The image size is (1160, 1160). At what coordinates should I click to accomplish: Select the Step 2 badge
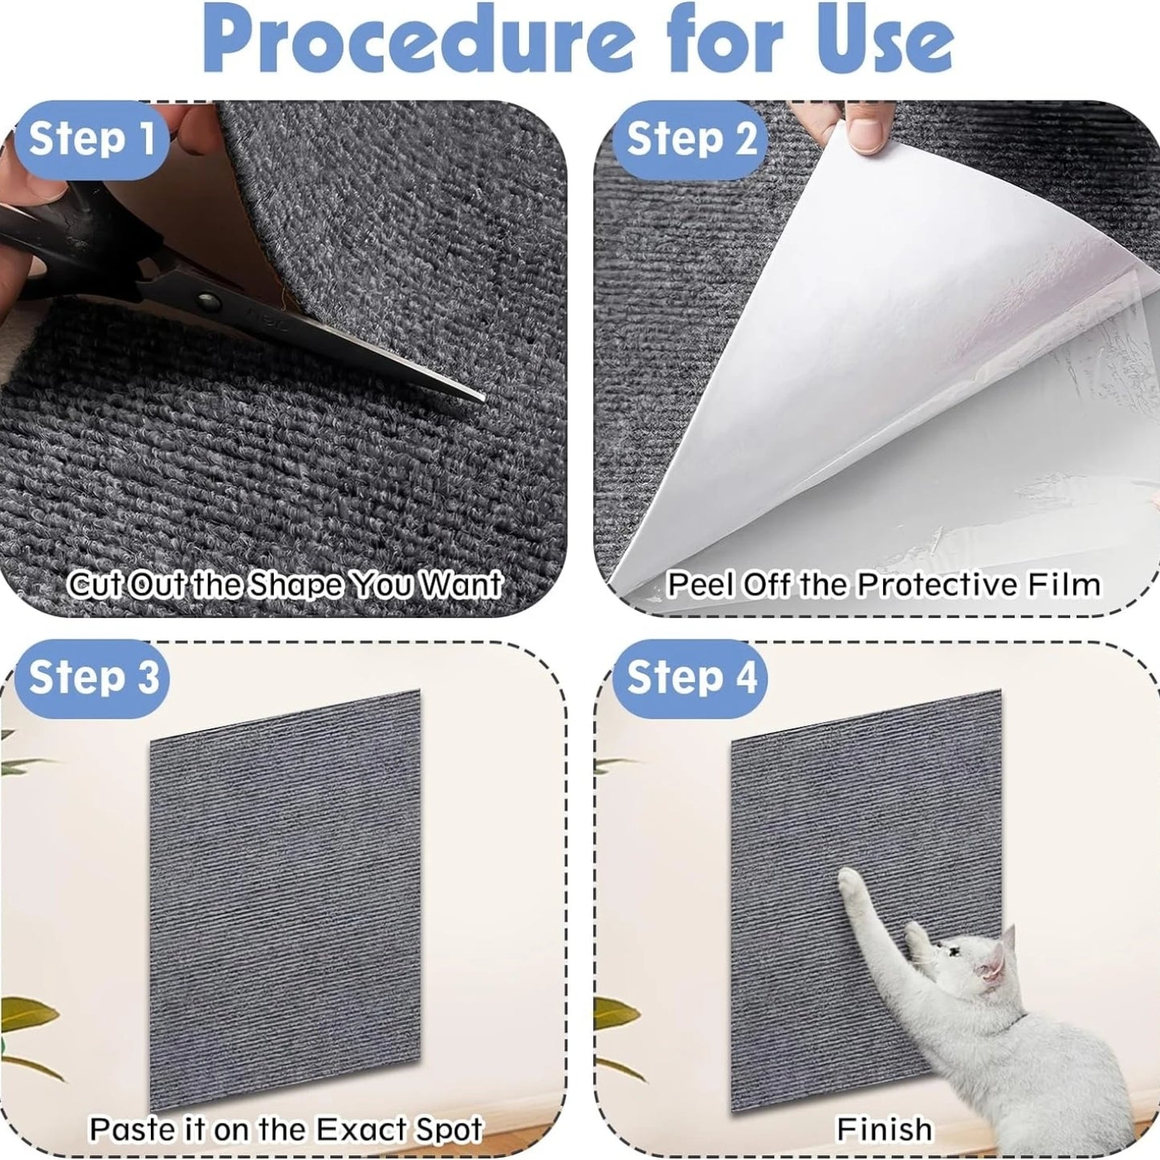click(x=690, y=139)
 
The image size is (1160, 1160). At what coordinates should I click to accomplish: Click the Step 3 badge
click(x=93, y=677)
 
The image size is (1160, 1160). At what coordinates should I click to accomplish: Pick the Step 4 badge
click(x=690, y=677)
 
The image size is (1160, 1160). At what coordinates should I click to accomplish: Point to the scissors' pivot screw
click(x=210, y=303)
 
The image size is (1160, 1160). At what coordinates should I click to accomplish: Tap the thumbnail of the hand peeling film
click(x=865, y=133)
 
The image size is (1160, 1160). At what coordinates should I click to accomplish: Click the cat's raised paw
click(x=849, y=882)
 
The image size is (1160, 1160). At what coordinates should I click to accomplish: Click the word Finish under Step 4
click(x=884, y=1129)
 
